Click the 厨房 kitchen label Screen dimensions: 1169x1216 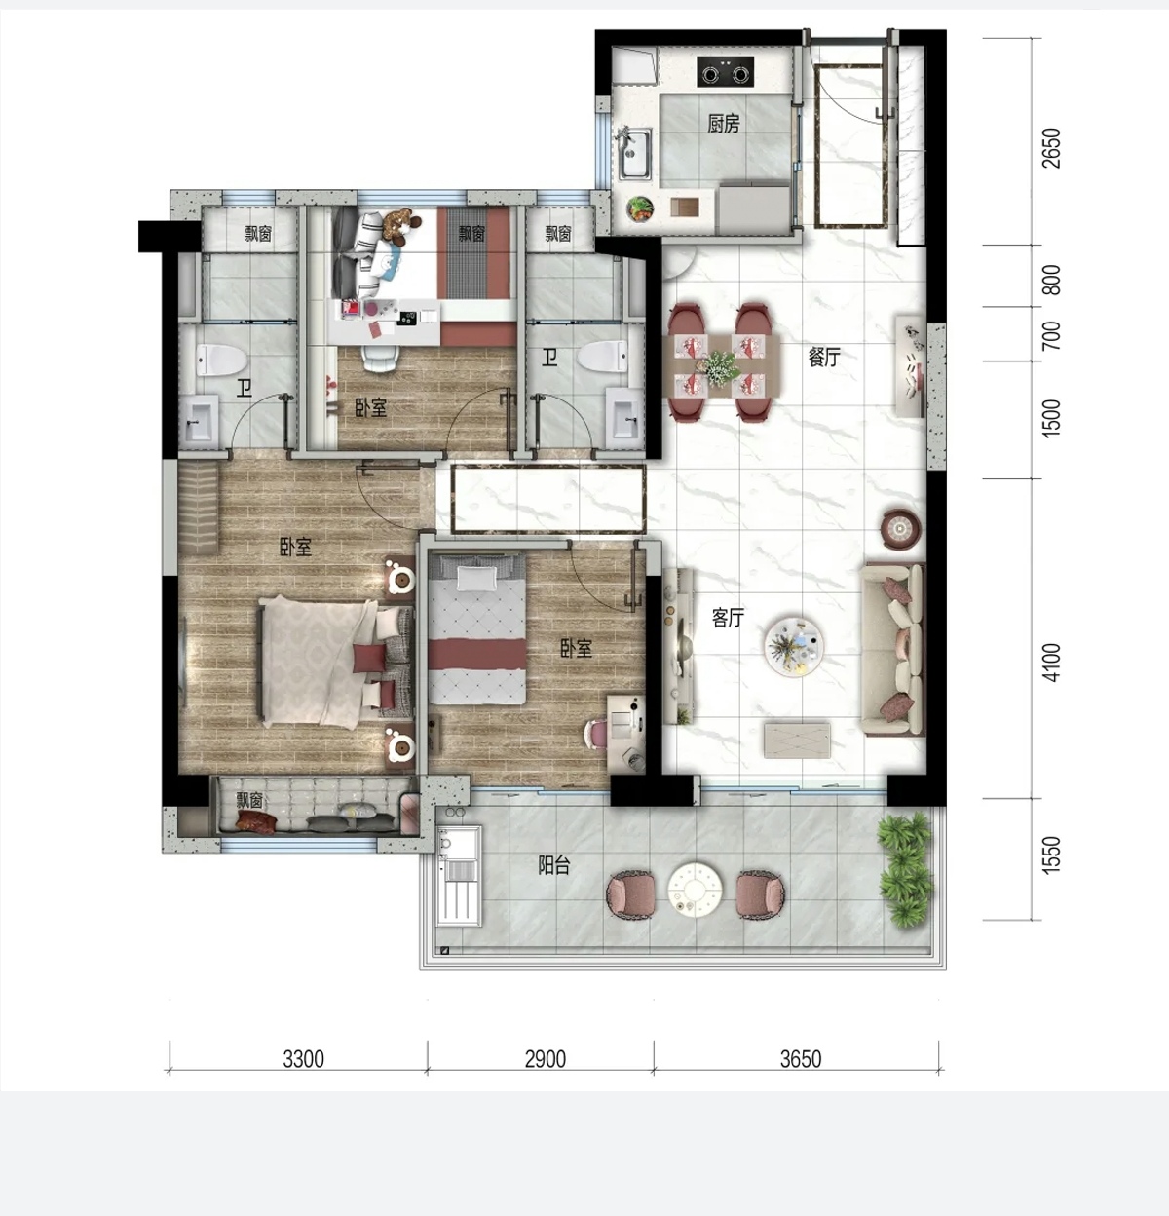tap(724, 124)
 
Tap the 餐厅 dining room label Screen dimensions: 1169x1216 tap(823, 357)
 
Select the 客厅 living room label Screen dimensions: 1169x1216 tap(728, 618)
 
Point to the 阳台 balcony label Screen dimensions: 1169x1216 tap(554, 865)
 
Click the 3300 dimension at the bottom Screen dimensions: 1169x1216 tap(303, 1059)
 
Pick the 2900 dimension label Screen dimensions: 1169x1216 tap(545, 1059)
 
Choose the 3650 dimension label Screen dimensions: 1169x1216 tap(801, 1059)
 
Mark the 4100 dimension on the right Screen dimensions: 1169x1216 tap(1051, 663)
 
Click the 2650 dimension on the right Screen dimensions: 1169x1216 tap(1051, 148)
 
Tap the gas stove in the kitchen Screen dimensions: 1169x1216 tap(725, 71)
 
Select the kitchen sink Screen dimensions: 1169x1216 tap(634, 153)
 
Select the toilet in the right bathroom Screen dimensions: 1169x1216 tap(601, 358)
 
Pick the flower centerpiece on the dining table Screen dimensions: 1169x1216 tap(720, 366)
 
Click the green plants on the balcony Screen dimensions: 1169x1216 tap(905, 868)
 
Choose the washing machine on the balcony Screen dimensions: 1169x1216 tap(459, 875)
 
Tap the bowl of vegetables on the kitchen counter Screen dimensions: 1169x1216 tap(640, 208)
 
